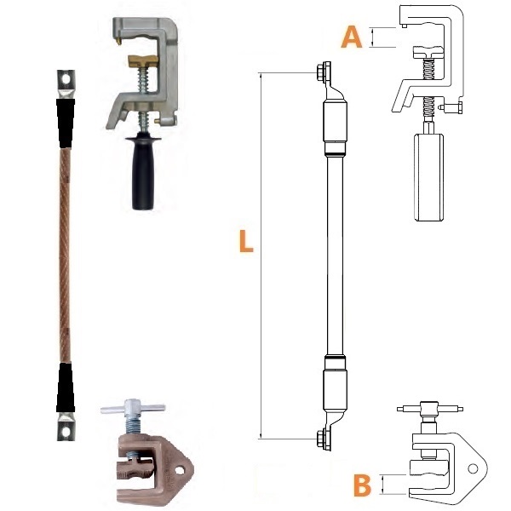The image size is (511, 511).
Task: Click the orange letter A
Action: (351, 37)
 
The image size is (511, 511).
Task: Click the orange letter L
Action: (246, 241)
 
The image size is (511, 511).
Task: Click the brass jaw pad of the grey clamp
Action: (143, 61)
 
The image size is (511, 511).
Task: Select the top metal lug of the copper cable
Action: (66, 83)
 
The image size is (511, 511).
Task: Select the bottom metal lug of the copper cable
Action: (66, 427)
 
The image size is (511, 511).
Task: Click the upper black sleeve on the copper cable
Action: (66, 123)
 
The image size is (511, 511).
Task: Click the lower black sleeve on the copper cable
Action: (66, 388)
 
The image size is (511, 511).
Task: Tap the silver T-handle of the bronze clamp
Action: (133, 407)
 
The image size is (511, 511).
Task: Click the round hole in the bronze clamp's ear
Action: (179, 470)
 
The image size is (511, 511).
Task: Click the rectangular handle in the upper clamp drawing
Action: (429, 177)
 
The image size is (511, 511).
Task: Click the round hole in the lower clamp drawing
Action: (473, 469)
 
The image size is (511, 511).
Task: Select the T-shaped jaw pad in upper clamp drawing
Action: (428, 53)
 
